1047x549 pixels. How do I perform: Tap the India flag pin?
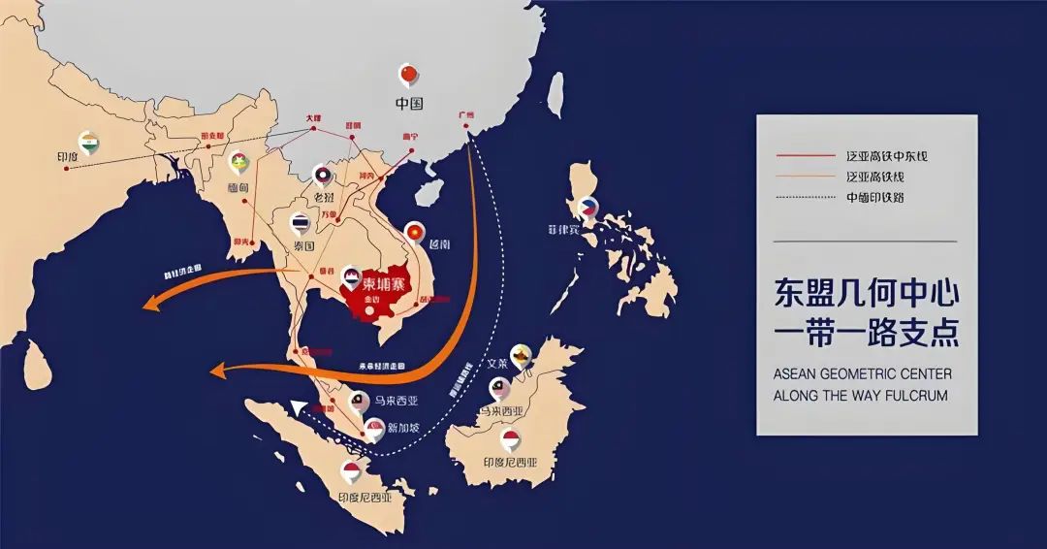click(88, 142)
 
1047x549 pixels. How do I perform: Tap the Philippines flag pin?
click(587, 208)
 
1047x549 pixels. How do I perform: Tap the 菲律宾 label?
click(563, 231)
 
